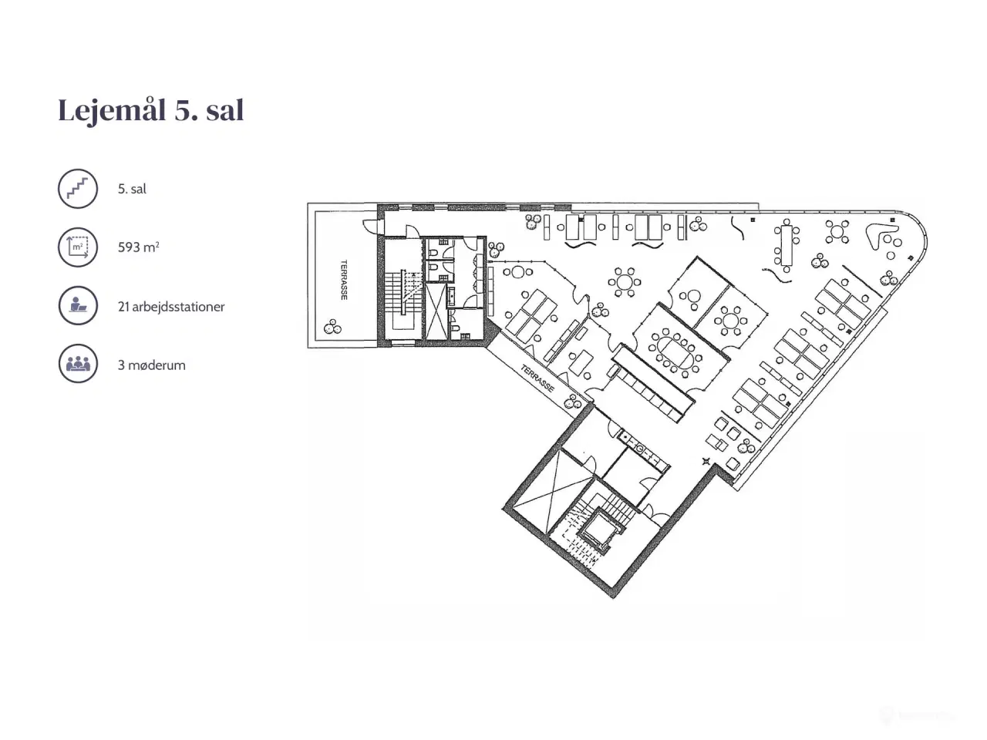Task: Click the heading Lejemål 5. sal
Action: [151, 110]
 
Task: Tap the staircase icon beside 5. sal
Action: [78, 189]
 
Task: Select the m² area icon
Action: [78, 247]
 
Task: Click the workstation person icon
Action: [78, 305]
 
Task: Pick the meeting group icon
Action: [78, 364]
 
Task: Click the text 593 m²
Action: [139, 247]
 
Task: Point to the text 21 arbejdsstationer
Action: [171, 307]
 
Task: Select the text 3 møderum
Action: [152, 365]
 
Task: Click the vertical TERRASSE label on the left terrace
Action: [345, 280]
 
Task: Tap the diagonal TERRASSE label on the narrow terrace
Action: [537, 378]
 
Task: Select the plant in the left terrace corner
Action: [332, 327]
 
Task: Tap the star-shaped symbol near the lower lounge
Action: [706, 462]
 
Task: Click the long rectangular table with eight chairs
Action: [787, 245]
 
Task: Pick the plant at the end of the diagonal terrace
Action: [572, 402]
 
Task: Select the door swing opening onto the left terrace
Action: [371, 226]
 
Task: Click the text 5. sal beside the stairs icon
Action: [132, 189]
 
